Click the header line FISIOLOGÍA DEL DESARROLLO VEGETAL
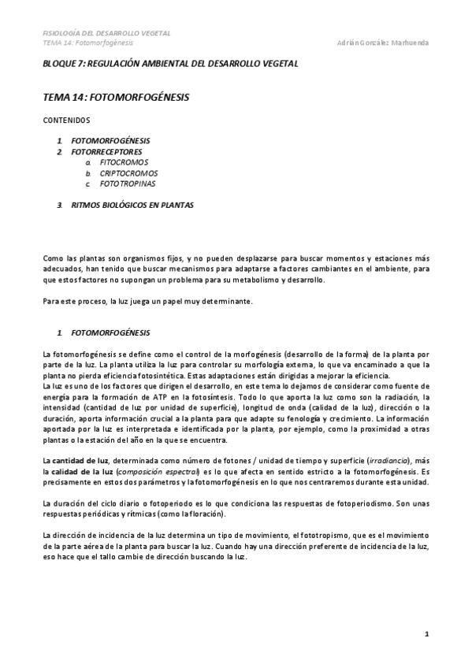(106, 34)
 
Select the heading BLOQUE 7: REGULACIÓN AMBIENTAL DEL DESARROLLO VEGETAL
(170, 63)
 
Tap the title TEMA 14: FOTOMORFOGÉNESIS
(116, 98)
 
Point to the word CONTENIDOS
(67, 121)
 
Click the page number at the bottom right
(426, 633)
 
